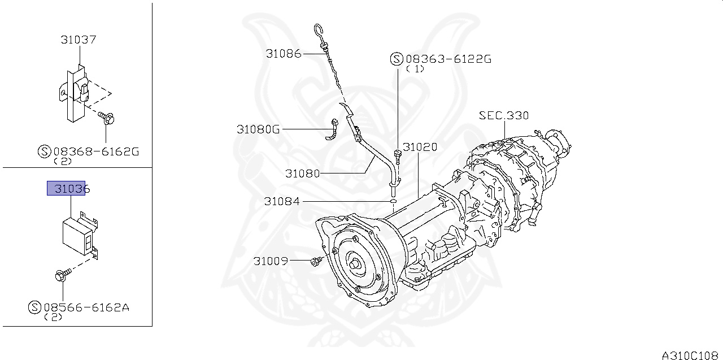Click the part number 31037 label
click(79, 40)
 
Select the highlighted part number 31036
click(66, 188)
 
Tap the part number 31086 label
click(284, 54)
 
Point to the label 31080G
click(258, 129)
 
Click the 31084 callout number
click(282, 201)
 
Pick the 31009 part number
click(271, 261)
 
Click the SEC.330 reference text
click(504, 115)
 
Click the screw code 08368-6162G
click(96, 151)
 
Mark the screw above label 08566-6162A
click(62, 276)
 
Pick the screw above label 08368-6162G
click(107, 118)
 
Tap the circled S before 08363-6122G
click(397, 58)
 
